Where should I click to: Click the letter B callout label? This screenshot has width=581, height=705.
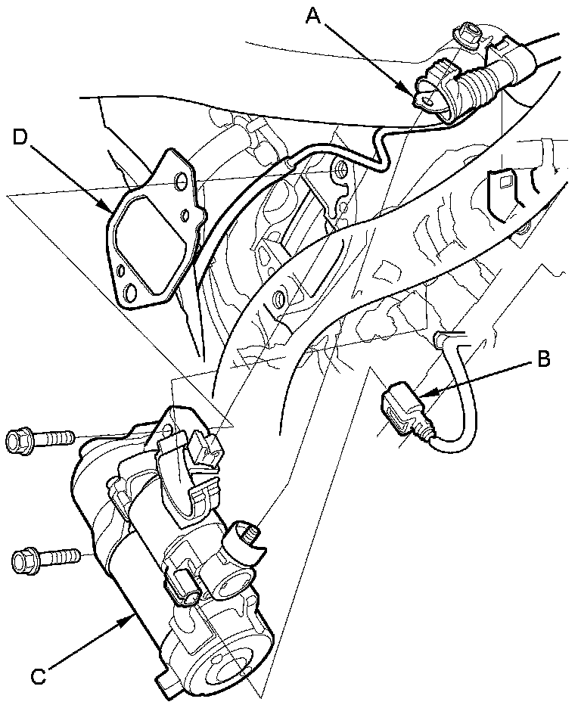(542, 360)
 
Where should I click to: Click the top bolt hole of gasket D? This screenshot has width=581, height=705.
(180, 183)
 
